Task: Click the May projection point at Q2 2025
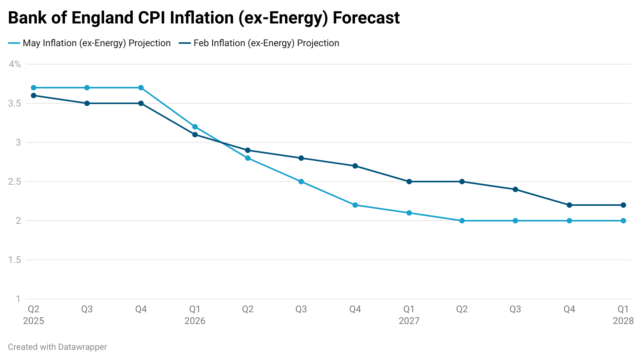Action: click(x=34, y=88)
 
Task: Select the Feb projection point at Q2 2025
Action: click(x=34, y=95)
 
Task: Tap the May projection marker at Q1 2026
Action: click(x=195, y=127)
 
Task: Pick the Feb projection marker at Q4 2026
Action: click(x=355, y=166)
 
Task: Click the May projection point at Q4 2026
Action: click(x=355, y=205)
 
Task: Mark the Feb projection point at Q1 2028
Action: click(x=623, y=205)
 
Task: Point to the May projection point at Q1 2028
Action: click(x=623, y=221)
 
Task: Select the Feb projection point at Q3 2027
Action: click(x=515, y=189)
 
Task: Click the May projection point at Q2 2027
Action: click(x=462, y=221)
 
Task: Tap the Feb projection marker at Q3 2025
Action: click(x=87, y=103)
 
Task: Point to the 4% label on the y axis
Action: click(x=15, y=64)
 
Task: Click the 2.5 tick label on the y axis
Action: click(x=14, y=182)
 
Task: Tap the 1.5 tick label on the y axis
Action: click(x=14, y=260)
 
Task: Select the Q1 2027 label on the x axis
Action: click(x=409, y=315)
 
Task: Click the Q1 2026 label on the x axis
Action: click(x=195, y=315)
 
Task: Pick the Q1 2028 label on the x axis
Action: click(x=623, y=315)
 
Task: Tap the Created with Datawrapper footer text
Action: click(x=58, y=347)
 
